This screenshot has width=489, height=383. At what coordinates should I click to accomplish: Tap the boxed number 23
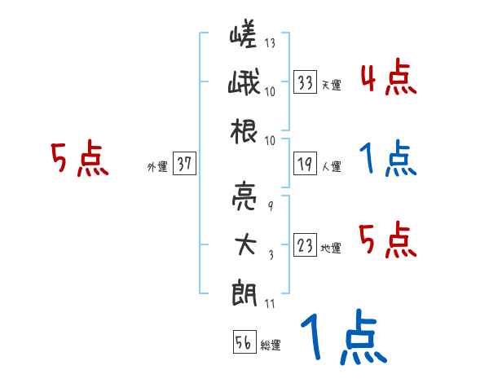306,245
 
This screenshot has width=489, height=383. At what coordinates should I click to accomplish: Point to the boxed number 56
243,343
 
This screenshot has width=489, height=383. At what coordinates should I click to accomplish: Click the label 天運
331,85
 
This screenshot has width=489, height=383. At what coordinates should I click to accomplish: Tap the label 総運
271,346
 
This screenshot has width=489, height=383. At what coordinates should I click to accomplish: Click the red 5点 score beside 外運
80,158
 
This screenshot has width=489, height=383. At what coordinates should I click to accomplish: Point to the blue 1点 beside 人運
388,160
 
